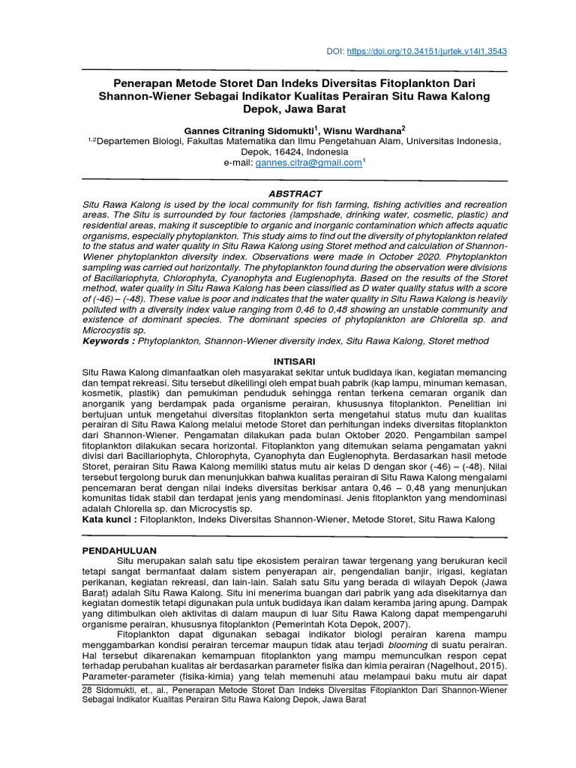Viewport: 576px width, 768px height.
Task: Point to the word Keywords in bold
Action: (107, 340)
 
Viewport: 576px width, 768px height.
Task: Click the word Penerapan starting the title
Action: (142, 82)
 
